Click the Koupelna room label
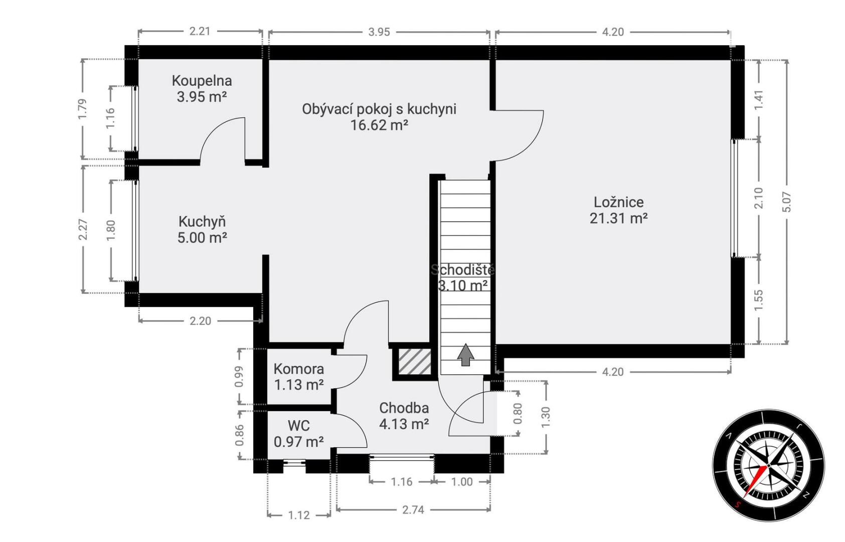pyautogui.click(x=202, y=81)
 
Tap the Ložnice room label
pyautogui.click(x=619, y=202)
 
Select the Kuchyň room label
pyautogui.click(x=202, y=221)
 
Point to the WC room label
pyautogui.click(x=299, y=426)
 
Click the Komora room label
pyautogui.click(x=299, y=369)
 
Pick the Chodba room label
pyautogui.click(x=404, y=408)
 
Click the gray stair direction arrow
pyautogui.click(x=466, y=355)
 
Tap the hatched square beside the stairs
pyautogui.click(x=415, y=362)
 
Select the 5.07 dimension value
pyautogui.click(x=786, y=202)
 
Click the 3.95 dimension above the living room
pyautogui.click(x=379, y=32)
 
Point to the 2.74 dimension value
pyautogui.click(x=413, y=510)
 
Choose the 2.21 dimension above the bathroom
pyautogui.click(x=200, y=31)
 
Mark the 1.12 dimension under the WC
pyautogui.click(x=299, y=515)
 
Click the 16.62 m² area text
pyautogui.click(x=379, y=125)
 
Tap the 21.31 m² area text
pyautogui.click(x=619, y=218)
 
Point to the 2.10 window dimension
pyautogui.click(x=758, y=198)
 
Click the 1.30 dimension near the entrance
pyautogui.click(x=546, y=418)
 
